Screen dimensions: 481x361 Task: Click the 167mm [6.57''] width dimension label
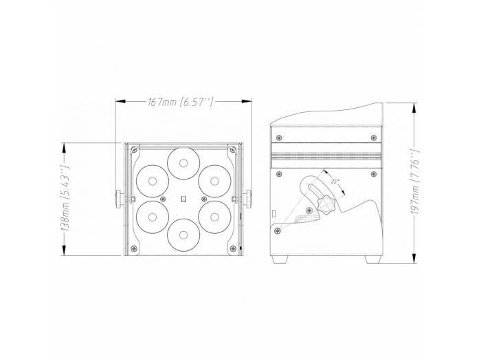click(x=180, y=101)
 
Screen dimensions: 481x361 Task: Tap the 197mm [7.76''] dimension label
click(x=414, y=182)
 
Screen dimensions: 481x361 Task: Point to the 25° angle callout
click(x=335, y=181)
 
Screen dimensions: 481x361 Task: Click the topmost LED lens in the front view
click(x=183, y=163)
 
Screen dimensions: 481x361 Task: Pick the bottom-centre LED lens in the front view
click(x=183, y=235)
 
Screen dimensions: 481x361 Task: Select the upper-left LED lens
click(x=152, y=181)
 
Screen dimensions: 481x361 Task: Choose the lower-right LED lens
click(x=214, y=217)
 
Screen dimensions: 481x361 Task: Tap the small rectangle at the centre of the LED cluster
click(x=183, y=199)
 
